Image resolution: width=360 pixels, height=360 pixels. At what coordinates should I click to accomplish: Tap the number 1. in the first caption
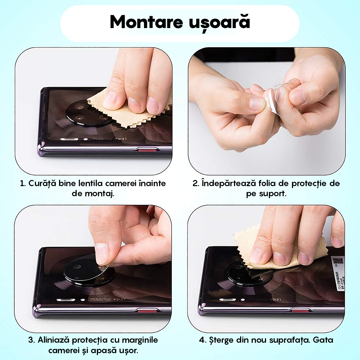pos(23,183)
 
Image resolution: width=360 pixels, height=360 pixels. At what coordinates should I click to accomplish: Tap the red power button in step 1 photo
pos(148,150)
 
